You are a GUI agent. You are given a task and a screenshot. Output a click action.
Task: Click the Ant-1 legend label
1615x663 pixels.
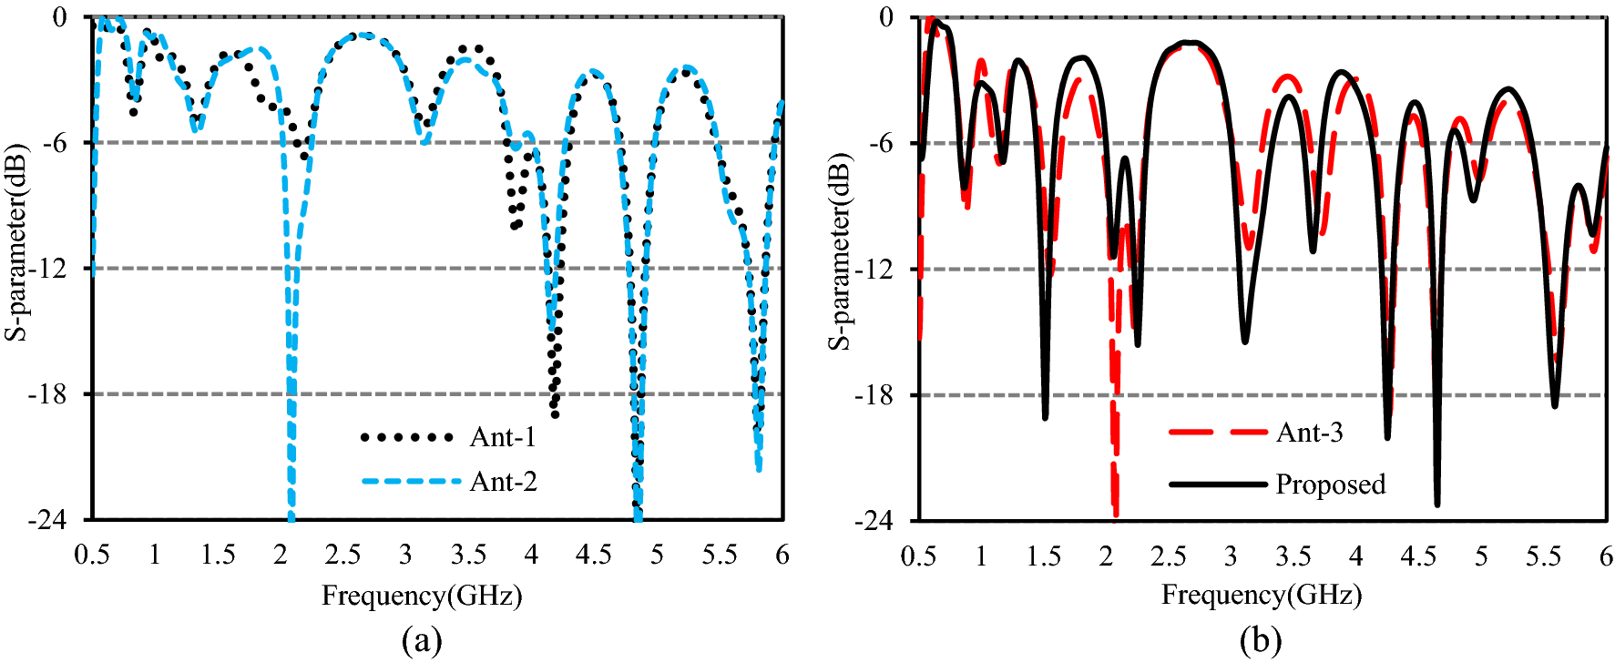(503, 437)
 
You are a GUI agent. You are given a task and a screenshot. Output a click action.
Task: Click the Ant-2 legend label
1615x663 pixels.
(503, 481)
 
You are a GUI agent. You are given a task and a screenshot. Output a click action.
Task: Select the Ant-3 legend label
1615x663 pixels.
(1309, 432)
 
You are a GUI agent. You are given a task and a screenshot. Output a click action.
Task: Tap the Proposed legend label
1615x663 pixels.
(1330, 484)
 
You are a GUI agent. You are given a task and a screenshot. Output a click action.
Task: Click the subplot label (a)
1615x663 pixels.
(422, 640)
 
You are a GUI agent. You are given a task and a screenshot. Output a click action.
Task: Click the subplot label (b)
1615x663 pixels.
(1261, 640)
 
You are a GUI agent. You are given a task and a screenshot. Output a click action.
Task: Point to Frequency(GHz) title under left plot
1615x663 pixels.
(422, 596)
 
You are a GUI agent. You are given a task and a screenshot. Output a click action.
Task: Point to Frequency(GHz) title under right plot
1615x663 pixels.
(1261, 596)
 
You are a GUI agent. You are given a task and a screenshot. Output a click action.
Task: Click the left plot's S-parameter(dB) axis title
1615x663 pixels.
(16, 242)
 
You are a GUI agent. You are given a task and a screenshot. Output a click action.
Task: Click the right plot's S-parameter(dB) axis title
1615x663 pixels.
(839, 251)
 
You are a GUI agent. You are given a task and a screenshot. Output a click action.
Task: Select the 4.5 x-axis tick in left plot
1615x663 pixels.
(593, 556)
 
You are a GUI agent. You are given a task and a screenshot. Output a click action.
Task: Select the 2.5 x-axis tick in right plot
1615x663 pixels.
(1169, 556)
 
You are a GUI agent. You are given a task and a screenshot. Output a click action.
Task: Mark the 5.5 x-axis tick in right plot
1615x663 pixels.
(1544, 556)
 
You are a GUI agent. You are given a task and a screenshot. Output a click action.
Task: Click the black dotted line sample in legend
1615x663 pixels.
(407, 437)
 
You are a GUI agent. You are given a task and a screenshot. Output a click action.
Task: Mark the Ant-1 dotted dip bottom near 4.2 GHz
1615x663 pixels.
(555, 414)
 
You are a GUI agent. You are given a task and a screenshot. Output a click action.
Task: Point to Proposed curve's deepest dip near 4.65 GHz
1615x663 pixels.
(1437, 503)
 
